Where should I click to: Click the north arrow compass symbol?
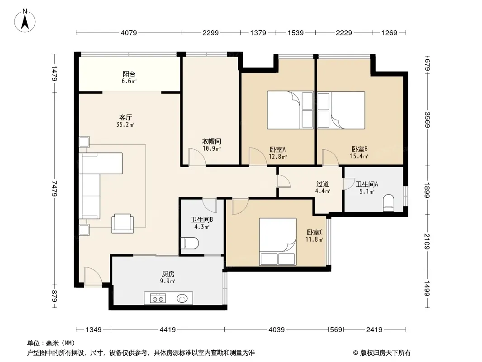(x=25, y=21)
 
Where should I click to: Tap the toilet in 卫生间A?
(x=388, y=203)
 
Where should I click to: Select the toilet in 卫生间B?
(x=190, y=243)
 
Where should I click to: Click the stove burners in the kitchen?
(x=158, y=298)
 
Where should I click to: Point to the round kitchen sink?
(x=182, y=298)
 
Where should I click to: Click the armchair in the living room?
(x=123, y=223)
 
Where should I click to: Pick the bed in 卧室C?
(x=278, y=242)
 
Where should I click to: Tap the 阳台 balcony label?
(x=129, y=74)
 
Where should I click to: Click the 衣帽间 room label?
(x=212, y=142)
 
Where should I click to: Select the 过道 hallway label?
(x=322, y=184)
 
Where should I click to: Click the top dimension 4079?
(x=129, y=33)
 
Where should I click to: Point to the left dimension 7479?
(x=55, y=189)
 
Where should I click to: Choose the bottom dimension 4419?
(x=168, y=330)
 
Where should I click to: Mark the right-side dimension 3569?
(x=427, y=119)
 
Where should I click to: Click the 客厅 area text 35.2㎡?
(x=125, y=124)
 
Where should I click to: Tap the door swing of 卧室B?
(x=330, y=157)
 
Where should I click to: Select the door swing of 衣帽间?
(x=197, y=157)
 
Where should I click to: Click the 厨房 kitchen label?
(x=168, y=274)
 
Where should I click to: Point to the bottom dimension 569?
(x=336, y=330)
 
